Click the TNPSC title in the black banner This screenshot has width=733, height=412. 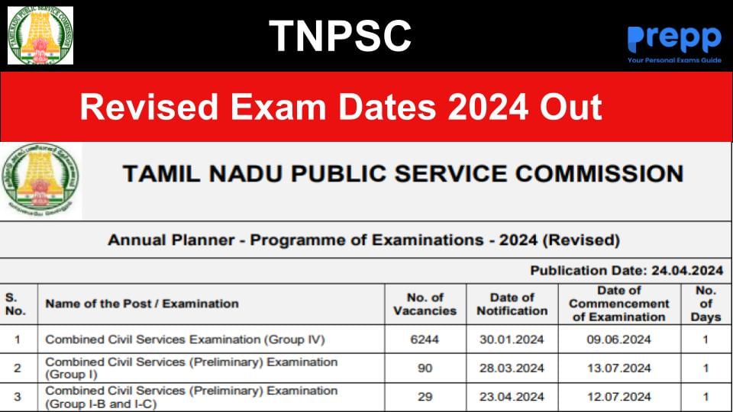[340, 36]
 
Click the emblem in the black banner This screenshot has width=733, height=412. [40, 35]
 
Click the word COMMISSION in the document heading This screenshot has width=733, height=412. [599, 174]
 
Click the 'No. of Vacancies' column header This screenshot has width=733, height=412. [425, 304]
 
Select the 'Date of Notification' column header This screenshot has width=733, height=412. [512, 304]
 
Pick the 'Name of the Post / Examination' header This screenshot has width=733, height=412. [142, 304]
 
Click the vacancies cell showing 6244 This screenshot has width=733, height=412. [425, 340]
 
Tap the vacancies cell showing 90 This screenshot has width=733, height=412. [425, 369]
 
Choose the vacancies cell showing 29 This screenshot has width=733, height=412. [425, 397]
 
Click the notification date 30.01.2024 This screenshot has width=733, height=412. [512, 340]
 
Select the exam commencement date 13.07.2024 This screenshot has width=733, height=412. [619, 369]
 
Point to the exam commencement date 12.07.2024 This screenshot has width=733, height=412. [619, 397]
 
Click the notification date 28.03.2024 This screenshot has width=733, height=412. [512, 369]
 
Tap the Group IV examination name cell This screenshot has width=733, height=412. [186, 340]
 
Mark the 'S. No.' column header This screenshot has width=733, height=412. [16, 304]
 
